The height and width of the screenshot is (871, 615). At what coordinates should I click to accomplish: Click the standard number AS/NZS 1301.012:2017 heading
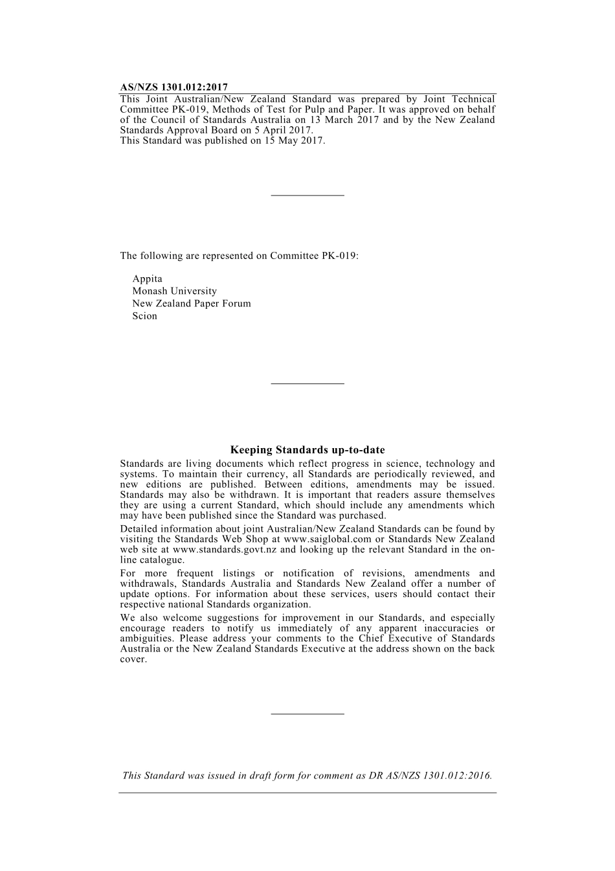pyautogui.click(x=173, y=87)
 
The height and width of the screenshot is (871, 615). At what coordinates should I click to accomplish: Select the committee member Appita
pyautogui.click(x=148, y=279)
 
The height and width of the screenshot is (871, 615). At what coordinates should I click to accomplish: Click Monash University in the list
pyautogui.click(x=175, y=291)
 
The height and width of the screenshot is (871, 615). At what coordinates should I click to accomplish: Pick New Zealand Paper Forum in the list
pyautogui.click(x=192, y=304)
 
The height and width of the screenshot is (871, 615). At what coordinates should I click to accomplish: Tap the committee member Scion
pyautogui.click(x=145, y=316)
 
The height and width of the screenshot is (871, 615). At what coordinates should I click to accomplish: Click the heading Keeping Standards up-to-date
pyautogui.click(x=307, y=450)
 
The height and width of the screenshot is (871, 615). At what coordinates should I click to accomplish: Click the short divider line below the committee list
pyautogui.click(x=307, y=384)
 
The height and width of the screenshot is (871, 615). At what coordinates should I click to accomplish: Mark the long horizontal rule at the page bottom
pyautogui.click(x=307, y=793)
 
